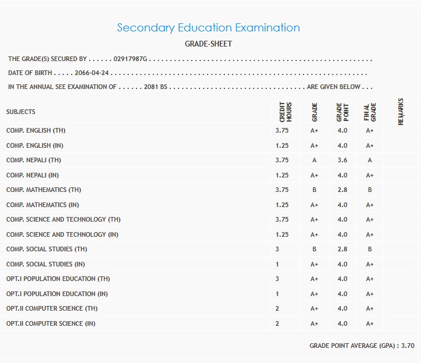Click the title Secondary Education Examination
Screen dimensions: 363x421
coord(208,27)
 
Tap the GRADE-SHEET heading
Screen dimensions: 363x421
coord(208,44)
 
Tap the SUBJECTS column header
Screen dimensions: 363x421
coord(21,112)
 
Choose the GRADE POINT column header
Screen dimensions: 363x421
coord(342,111)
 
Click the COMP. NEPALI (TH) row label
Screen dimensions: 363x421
coord(34,160)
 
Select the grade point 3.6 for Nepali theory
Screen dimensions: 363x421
coord(342,161)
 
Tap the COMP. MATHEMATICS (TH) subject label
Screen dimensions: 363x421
coord(44,190)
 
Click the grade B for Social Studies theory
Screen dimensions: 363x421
coord(314,249)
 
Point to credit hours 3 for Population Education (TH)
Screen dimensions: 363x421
coord(277,279)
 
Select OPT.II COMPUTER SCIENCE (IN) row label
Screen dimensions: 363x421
coord(51,323)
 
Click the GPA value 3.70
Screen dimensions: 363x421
coord(408,346)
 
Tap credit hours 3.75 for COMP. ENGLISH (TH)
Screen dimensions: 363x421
coord(281,131)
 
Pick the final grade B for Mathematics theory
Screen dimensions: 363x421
coord(369,190)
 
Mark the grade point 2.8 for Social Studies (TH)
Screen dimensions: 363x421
coord(342,249)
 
